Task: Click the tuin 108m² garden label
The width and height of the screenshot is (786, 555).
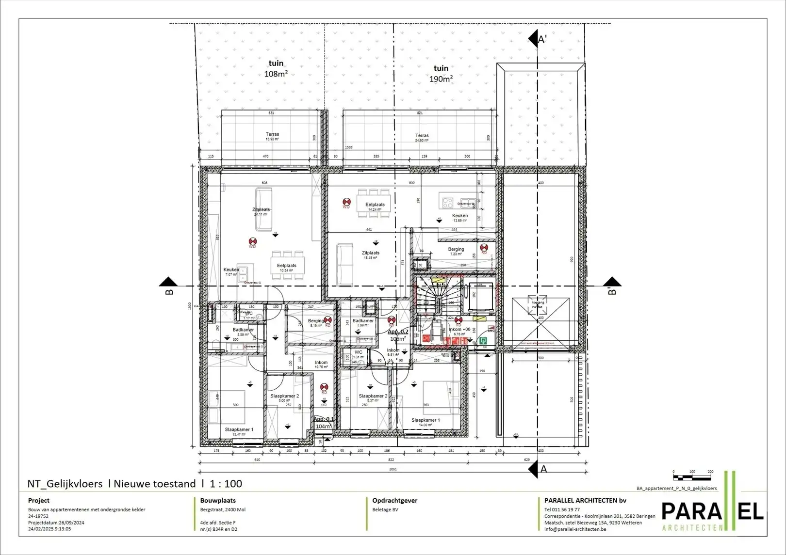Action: coord(276,68)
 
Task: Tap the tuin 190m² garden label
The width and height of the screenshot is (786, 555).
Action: coord(441,73)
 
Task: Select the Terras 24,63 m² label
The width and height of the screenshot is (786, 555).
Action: coord(422,138)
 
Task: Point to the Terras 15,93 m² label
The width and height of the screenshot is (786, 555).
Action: coord(272,136)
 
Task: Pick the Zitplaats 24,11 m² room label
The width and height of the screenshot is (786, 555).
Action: coord(261,211)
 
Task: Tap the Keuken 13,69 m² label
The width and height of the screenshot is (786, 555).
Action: coord(459,218)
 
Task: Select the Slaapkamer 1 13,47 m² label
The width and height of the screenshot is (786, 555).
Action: coord(239,431)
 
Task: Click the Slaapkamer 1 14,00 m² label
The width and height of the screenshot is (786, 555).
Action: coord(426,422)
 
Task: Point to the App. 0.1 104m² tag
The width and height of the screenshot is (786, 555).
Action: coord(323,423)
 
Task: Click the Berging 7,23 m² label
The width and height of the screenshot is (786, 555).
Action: coord(456,251)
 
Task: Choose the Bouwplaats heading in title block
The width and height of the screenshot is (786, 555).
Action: coord(218,500)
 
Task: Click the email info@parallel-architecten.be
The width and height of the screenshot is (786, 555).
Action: coord(575,529)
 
